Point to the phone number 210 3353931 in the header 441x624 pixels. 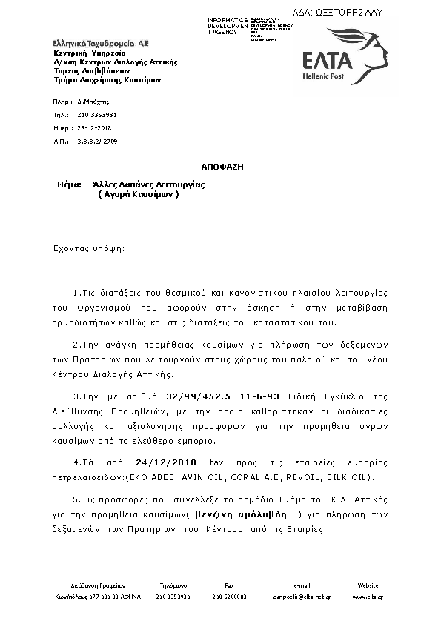click(96, 116)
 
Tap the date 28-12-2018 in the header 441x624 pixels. click(93, 127)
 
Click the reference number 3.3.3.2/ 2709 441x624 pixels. click(96, 140)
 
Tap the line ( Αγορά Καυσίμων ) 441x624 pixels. click(139, 195)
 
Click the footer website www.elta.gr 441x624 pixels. click(368, 597)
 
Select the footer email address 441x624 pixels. click(301, 597)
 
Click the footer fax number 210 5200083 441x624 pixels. click(229, 597)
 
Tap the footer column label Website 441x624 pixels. click(368, 584)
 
